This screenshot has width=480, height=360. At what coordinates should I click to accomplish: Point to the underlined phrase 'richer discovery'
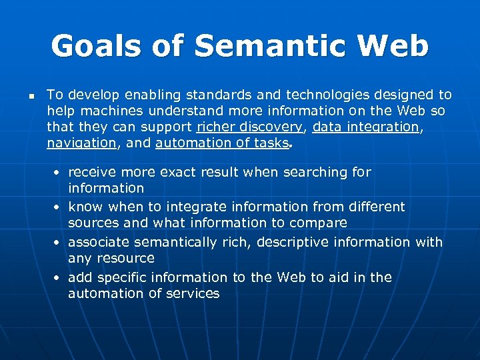click(x=249, y=127)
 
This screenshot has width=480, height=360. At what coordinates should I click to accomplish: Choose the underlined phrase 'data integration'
click(x=365, y=127)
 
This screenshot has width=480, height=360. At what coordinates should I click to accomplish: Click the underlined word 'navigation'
click(x=81, y=143)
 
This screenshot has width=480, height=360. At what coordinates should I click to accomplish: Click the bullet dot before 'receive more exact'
click(x=59, y=173)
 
